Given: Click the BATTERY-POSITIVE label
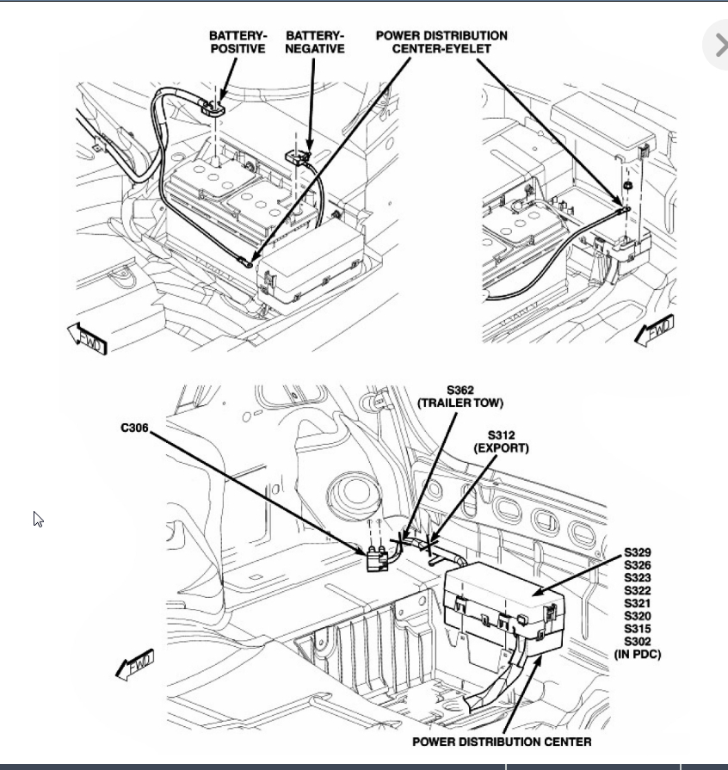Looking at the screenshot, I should click(238, 42).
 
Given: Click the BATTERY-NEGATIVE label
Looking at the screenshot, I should click(314, 42).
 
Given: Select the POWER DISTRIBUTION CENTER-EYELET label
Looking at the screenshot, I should click(441, 42).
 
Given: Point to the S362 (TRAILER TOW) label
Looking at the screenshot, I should click(460, 397).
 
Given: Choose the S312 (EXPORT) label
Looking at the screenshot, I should click(501, 442).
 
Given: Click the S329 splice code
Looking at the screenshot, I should click(638, 551).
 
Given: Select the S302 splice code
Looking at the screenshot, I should click(638, 641).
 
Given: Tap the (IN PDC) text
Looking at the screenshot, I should click(638, 655).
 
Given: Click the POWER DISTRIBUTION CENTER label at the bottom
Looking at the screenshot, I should click(502, 742).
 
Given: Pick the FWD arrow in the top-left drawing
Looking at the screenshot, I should click(87, 340).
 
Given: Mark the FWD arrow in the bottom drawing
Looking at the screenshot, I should click(135, 665).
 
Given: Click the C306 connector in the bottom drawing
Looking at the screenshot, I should click(377, 559).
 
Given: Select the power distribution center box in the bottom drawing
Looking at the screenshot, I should click(503, 607).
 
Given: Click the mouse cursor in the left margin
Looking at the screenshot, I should click(38, 519).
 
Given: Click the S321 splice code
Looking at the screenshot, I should click(638, 603).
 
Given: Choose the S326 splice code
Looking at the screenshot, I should click(638, 564).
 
